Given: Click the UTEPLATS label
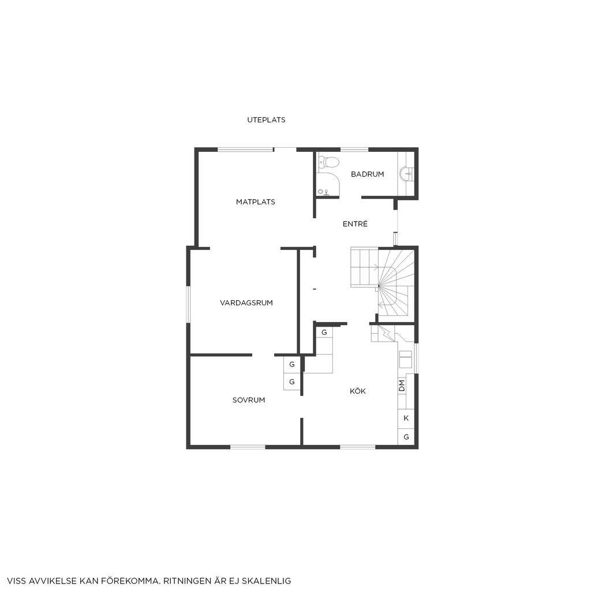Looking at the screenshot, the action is pos(266,120).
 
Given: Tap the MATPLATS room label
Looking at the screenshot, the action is pos(256,202).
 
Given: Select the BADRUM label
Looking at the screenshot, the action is pos(368,174).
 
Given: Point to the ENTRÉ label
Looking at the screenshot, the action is pos(355,224).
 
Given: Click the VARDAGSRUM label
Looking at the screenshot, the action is pos(246,302).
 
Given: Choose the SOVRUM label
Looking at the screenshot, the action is pos(249,401).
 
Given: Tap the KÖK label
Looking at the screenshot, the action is pos(358,391).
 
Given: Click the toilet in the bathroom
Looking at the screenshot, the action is pos(328,162).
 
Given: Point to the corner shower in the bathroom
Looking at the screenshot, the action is pos(328,185).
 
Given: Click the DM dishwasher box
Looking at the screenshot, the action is pos(402,386).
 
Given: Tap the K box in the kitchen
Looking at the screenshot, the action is pos(406,418).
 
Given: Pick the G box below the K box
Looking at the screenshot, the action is pos(406,437).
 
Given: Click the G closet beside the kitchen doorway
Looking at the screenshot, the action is pos(324,332).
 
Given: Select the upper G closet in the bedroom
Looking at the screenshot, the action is pos(291,365).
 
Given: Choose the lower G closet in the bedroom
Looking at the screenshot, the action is pos(291,382).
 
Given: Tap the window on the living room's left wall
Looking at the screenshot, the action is pos(189,305).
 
